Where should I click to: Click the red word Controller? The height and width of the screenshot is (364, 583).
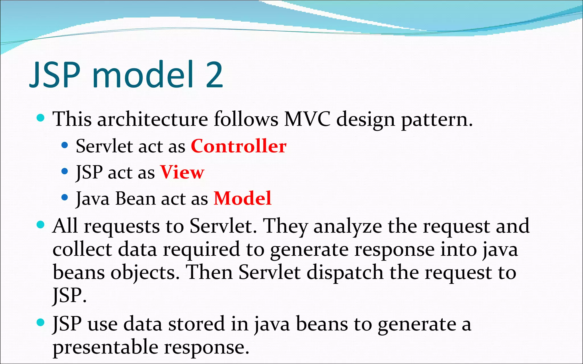239,146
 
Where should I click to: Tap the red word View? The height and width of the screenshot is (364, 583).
182,172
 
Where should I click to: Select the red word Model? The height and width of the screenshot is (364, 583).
242,198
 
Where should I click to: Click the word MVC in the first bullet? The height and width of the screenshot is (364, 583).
307,119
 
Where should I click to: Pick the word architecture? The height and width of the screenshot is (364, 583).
153,119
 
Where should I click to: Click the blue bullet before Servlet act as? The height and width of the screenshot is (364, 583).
65,145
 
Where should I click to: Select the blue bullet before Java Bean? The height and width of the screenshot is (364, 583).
65,197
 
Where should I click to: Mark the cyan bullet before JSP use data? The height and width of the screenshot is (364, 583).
41,322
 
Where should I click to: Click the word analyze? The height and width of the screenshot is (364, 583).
347,227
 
